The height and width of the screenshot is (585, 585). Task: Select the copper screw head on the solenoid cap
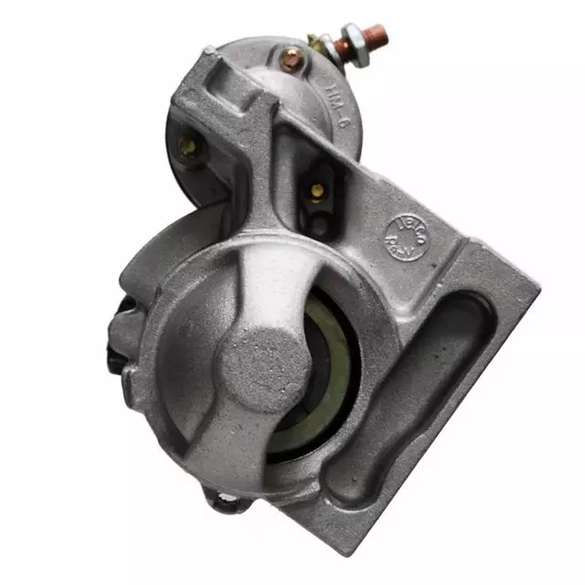[x=292, y=60]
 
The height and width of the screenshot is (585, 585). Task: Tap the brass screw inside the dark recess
[x=317, y=191]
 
